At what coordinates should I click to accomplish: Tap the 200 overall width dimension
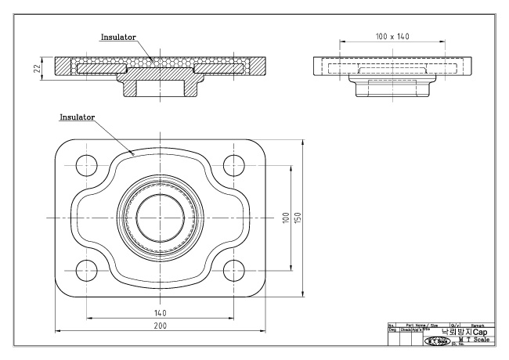160,325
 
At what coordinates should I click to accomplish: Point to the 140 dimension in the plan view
160,311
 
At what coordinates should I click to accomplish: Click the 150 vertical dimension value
298,217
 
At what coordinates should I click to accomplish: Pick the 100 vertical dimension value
286,217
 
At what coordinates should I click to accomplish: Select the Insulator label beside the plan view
78,116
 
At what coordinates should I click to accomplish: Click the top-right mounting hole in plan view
233,165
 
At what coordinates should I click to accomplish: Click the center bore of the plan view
160,217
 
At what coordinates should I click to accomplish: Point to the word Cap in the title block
479,332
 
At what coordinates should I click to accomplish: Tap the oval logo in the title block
435,340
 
